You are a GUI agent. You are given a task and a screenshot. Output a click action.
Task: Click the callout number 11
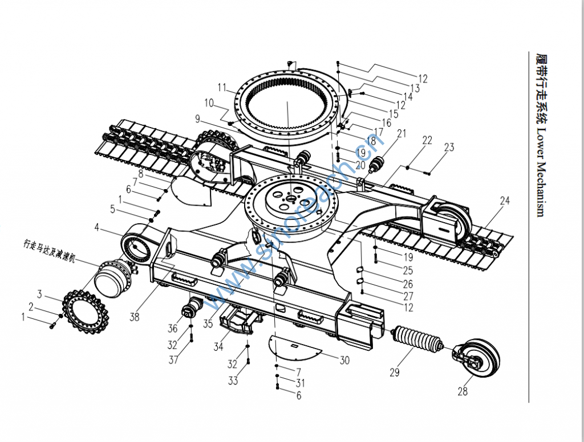(222, 87)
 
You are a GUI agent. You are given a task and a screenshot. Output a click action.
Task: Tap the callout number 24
(505, 200)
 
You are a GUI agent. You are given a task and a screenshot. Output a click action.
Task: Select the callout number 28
(463, 391)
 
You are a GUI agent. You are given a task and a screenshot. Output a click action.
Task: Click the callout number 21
(401, 134)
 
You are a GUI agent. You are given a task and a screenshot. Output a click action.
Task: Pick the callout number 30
(344, 360)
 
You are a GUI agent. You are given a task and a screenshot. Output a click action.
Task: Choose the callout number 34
(218, 345)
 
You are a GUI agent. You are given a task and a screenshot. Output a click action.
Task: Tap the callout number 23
(449, 148)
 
